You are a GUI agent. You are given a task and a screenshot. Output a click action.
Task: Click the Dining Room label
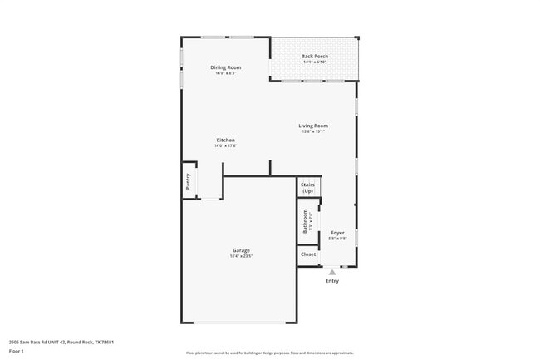click(x=225, y=67)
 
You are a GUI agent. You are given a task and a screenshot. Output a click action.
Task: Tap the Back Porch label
click(x=315, y=57)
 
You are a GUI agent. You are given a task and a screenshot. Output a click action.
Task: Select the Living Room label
click(x=314, y=126)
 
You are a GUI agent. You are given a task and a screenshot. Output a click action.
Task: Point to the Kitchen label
click(x=225, y=140)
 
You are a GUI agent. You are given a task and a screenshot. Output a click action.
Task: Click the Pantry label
click(x=189, y=182)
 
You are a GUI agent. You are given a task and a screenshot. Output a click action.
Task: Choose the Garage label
click(x=241, y=250)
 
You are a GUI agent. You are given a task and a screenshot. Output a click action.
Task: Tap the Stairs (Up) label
click(x=307, y=188)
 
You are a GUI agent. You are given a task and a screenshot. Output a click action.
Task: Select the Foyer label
click(x=337, y=233)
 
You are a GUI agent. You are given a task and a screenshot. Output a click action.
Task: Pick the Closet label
click(x=308, y=254)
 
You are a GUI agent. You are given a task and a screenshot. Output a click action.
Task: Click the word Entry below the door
click(x=332, y=281)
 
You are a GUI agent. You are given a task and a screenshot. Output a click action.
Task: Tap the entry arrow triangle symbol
click(x=332, y=271)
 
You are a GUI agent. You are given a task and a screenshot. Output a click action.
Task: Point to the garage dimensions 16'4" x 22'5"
click(x=241, y=256)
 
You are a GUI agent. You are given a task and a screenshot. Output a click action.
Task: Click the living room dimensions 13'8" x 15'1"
click(x=314, y=131)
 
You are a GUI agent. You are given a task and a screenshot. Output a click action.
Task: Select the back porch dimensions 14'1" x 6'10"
click(x=315, y=62)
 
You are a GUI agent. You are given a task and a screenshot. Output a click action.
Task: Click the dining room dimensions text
click(x=225, y=73)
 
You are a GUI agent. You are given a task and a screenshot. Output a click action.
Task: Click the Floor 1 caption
click(x=17, y=352)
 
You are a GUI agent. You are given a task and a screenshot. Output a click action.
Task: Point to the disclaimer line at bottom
click(x=270, y=353)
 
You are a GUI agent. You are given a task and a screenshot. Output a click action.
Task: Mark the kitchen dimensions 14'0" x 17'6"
click(x=225, y=145)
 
